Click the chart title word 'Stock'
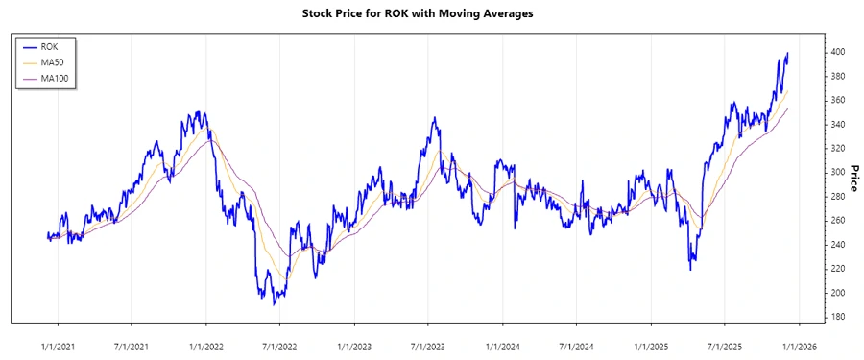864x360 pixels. pos(319,13)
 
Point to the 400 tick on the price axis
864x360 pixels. pos(837,52)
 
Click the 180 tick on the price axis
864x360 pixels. pos(837,317)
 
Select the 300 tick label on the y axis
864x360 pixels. pos(837,172)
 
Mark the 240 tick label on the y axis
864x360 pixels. pos(837,245)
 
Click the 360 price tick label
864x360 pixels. pos(837,100)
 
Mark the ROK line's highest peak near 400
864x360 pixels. pos(787,53)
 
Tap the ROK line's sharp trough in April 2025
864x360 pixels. pos(691,269)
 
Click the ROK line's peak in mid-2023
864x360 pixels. pos(434,118)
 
